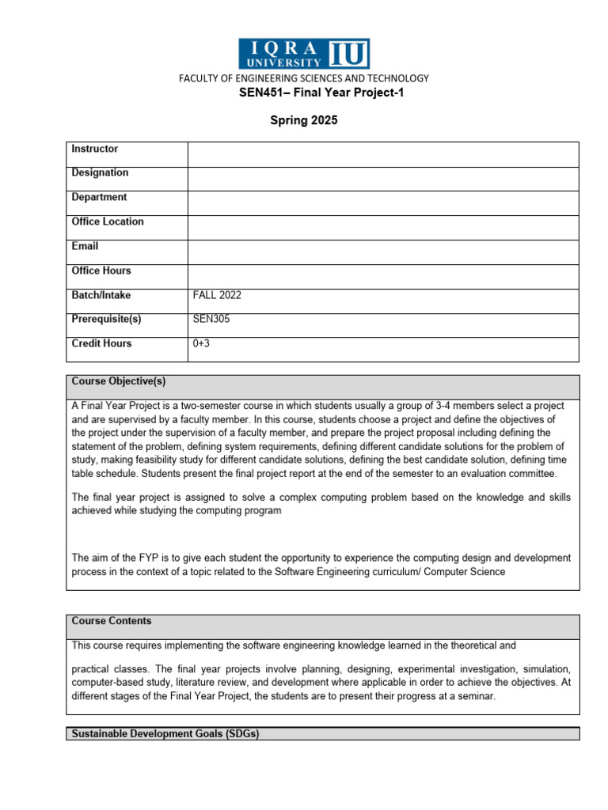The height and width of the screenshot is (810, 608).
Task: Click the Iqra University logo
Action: [x=304, y=54]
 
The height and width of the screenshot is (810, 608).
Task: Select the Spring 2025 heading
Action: [x=304, y=120]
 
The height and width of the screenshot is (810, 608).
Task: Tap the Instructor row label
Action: [x=95, y=149]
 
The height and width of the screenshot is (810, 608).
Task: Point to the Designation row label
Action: [x=100, y=172]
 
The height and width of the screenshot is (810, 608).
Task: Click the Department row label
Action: [x=99, y=197]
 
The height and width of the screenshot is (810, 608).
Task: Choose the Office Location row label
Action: [x=108, y=221]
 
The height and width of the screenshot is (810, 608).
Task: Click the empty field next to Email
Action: [x=383, y=252]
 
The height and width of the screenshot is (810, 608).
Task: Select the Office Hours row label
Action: [x=101, y=271]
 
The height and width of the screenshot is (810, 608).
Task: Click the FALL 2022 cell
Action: [x=218, y=295]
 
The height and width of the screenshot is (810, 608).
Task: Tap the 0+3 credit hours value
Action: [x=202, y=344]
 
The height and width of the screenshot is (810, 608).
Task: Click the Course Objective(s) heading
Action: [x=119, y=381]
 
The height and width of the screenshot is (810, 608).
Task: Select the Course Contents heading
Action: [x=112, y=621]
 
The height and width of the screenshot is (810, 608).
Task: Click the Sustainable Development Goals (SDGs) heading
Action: [x=165, y=734]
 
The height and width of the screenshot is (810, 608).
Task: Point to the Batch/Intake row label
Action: [x=101, y=295]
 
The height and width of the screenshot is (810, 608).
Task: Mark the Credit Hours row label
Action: [x=101, y=343]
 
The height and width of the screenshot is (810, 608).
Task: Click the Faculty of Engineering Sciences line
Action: [x=304, y=78]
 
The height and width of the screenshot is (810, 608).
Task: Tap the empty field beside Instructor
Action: [x=383, y=155]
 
